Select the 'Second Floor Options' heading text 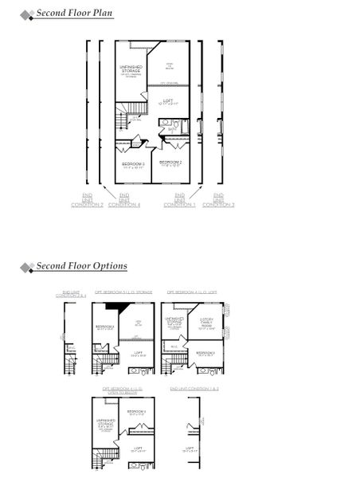coord(80,266)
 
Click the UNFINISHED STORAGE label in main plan coord(131,70)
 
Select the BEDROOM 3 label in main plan coord(133,164)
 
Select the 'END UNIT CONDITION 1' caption coord(179,200)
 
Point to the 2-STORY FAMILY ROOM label coord(207,324)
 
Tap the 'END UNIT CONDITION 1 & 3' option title coord(194,388)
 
